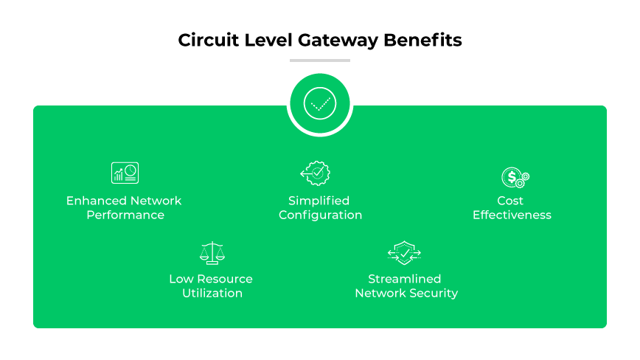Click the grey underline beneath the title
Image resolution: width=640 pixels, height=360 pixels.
320,60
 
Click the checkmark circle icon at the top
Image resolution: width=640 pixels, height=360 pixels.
320,104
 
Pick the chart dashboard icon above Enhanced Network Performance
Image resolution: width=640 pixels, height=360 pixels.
125,173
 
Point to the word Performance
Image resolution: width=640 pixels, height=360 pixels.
125,215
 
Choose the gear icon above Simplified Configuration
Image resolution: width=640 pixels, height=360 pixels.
316,173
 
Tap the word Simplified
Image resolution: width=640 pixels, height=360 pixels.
319,201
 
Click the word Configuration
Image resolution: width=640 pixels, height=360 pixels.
321,215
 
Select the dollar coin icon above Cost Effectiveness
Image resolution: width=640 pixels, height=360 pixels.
515,178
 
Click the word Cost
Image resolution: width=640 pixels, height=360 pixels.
510,201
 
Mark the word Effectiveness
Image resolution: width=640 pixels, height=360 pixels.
512,215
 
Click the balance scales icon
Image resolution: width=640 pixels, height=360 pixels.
212,252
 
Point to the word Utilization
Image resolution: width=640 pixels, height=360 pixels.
212,294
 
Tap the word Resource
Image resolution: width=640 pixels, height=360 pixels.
228,279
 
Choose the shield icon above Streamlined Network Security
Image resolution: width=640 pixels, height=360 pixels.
404,252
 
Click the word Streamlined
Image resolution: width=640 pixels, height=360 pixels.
405,279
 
